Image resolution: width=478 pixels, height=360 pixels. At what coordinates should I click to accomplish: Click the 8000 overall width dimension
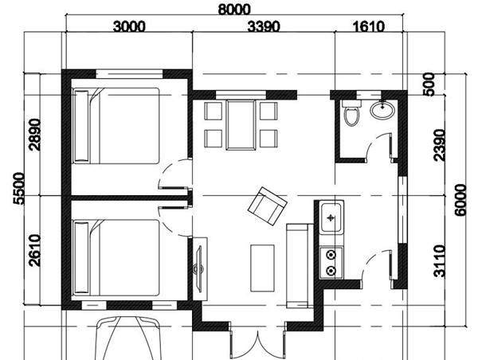coord(233,9)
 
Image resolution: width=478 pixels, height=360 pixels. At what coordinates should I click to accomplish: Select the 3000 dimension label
coord(129,26)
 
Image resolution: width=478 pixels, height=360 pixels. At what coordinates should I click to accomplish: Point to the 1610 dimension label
coord(368,26)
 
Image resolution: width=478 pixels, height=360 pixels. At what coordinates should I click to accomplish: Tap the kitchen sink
coord(331,216)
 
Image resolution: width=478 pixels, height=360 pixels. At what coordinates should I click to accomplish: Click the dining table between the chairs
coord(240,123)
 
